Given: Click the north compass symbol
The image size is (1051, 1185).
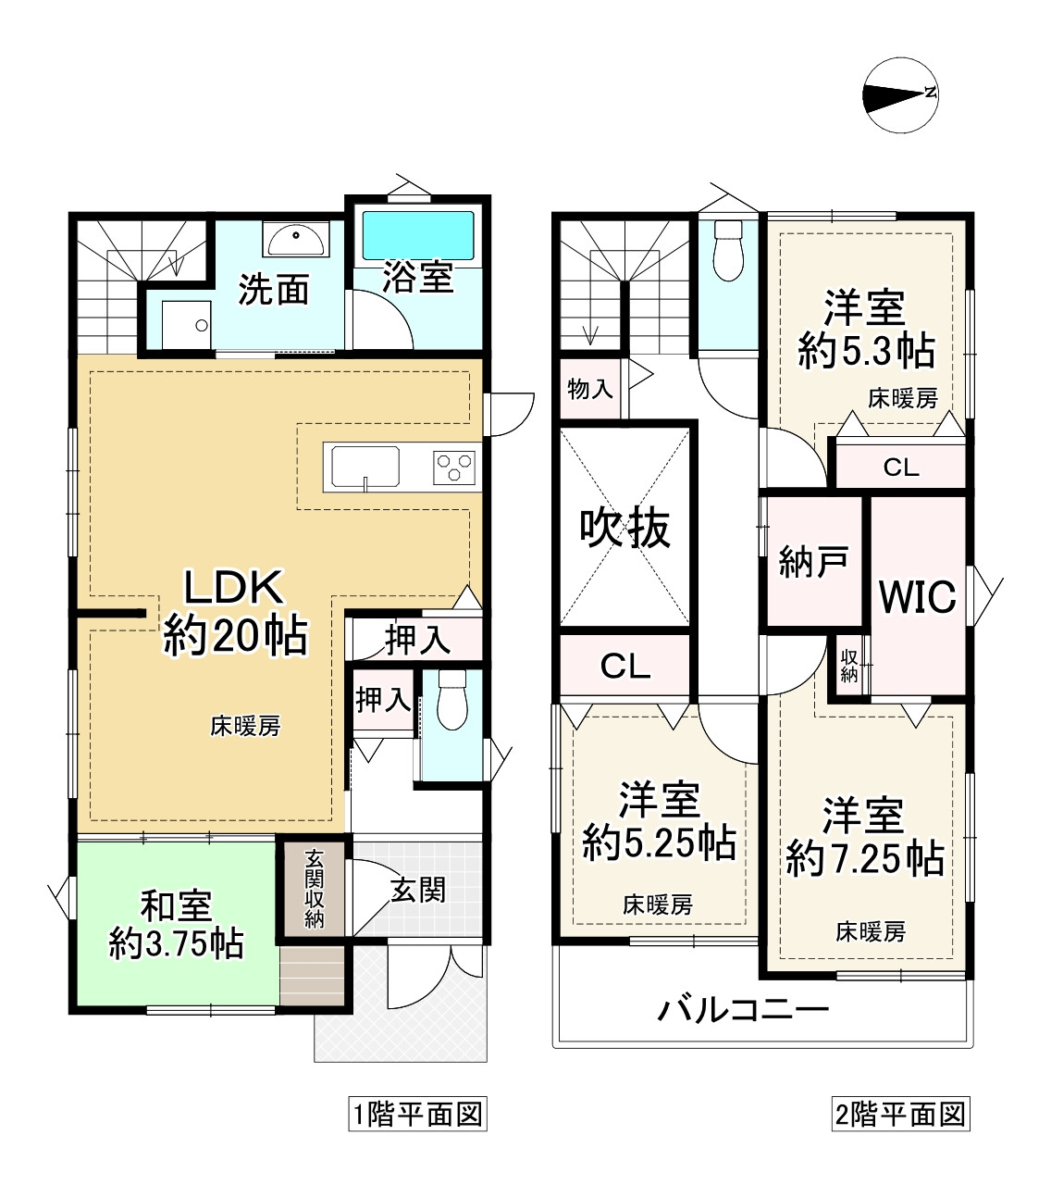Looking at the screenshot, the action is [x=900, y=94].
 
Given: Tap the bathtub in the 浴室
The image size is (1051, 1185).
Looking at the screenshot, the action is [x=417, y=235].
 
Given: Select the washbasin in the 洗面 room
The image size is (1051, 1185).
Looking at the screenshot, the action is [x=296, y=239].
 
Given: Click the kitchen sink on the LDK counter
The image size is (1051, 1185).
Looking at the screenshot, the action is [x=365, y=467].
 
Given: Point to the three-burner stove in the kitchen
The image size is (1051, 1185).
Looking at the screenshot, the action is [x=454, y=468].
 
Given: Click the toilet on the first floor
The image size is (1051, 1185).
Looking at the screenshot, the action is [x=451, y=700].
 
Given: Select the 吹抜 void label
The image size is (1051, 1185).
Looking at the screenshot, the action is [x=624, y=529].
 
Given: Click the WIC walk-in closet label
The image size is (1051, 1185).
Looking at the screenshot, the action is [x=917, y=596].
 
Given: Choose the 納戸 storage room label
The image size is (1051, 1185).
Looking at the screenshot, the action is [x=813, y=562].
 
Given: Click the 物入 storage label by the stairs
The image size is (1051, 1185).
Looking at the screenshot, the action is [x=589, y=389].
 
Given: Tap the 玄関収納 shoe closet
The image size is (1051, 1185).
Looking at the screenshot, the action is [x=314, y=890].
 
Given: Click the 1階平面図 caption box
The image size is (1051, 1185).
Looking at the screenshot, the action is [x=417, y=1115].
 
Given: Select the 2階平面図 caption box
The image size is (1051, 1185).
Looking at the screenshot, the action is [x=901, y=1115].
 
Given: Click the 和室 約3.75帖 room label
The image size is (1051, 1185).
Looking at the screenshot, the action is [x=176, y=924].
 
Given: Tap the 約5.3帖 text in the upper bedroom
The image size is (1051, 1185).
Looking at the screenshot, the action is [x=866, y=351].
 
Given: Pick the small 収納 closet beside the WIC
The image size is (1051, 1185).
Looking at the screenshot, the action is [x=849, y=666].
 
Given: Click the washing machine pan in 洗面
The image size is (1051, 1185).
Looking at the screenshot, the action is [x=187, y=325].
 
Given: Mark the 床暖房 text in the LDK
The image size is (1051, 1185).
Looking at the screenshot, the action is [x=245, y=727].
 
